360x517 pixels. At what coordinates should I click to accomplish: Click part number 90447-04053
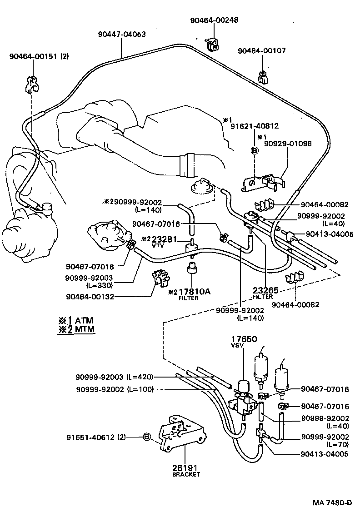coord(122,34)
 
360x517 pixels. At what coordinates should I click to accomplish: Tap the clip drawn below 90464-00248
coord(212,42)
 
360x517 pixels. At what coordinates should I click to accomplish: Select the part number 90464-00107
coord(262,51)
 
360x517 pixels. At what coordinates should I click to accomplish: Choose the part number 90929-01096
coord(288,143)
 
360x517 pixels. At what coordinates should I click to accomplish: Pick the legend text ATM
coord(84,320)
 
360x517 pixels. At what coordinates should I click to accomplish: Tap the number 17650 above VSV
coord(245,339)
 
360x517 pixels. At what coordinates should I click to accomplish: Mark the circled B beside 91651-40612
coord(146,437)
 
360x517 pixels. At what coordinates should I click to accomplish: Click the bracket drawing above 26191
coord(181,434)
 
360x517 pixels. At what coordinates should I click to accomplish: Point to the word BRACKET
coord(186,474)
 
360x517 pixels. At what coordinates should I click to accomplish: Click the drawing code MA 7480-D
coord(332,503)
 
